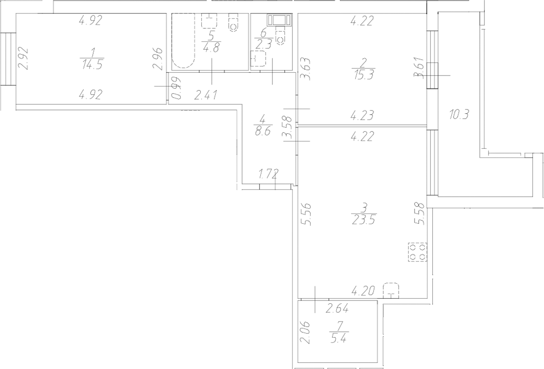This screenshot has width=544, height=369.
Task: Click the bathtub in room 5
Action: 183,42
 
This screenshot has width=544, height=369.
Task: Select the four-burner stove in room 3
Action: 417,253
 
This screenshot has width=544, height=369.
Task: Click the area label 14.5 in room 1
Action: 91,65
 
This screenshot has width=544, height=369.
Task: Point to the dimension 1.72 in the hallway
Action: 268,175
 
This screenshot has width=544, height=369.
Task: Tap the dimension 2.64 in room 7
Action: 338,307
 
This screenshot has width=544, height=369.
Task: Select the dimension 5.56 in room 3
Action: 306,215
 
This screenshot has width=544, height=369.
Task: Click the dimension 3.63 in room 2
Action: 306,69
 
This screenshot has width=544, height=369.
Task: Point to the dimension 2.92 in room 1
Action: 22,58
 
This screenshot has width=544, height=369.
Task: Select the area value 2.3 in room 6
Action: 264,45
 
